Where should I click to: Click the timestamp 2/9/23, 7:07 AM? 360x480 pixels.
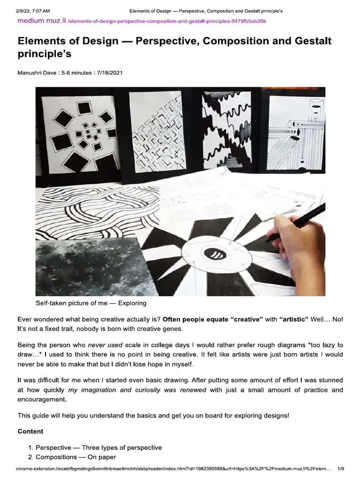[33, 10]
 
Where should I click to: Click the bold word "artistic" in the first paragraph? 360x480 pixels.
[294, 319]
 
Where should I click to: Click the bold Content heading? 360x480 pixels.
[30, 431]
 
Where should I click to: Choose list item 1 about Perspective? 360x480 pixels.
[99, 448]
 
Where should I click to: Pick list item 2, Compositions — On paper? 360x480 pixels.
[76, 457]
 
